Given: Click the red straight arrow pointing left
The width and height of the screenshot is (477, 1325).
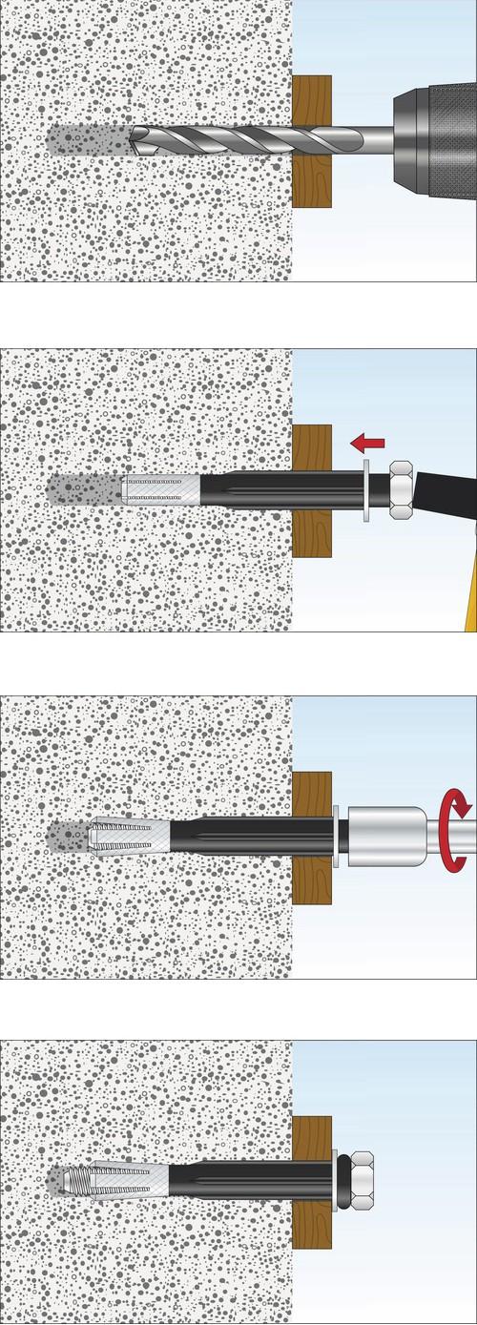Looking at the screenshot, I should coord(367,443).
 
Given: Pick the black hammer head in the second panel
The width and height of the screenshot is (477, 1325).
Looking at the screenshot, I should coord(444,492).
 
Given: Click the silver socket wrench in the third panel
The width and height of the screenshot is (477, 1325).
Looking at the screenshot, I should coord(382,836).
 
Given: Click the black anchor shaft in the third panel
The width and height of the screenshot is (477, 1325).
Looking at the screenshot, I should coord(248,836).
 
